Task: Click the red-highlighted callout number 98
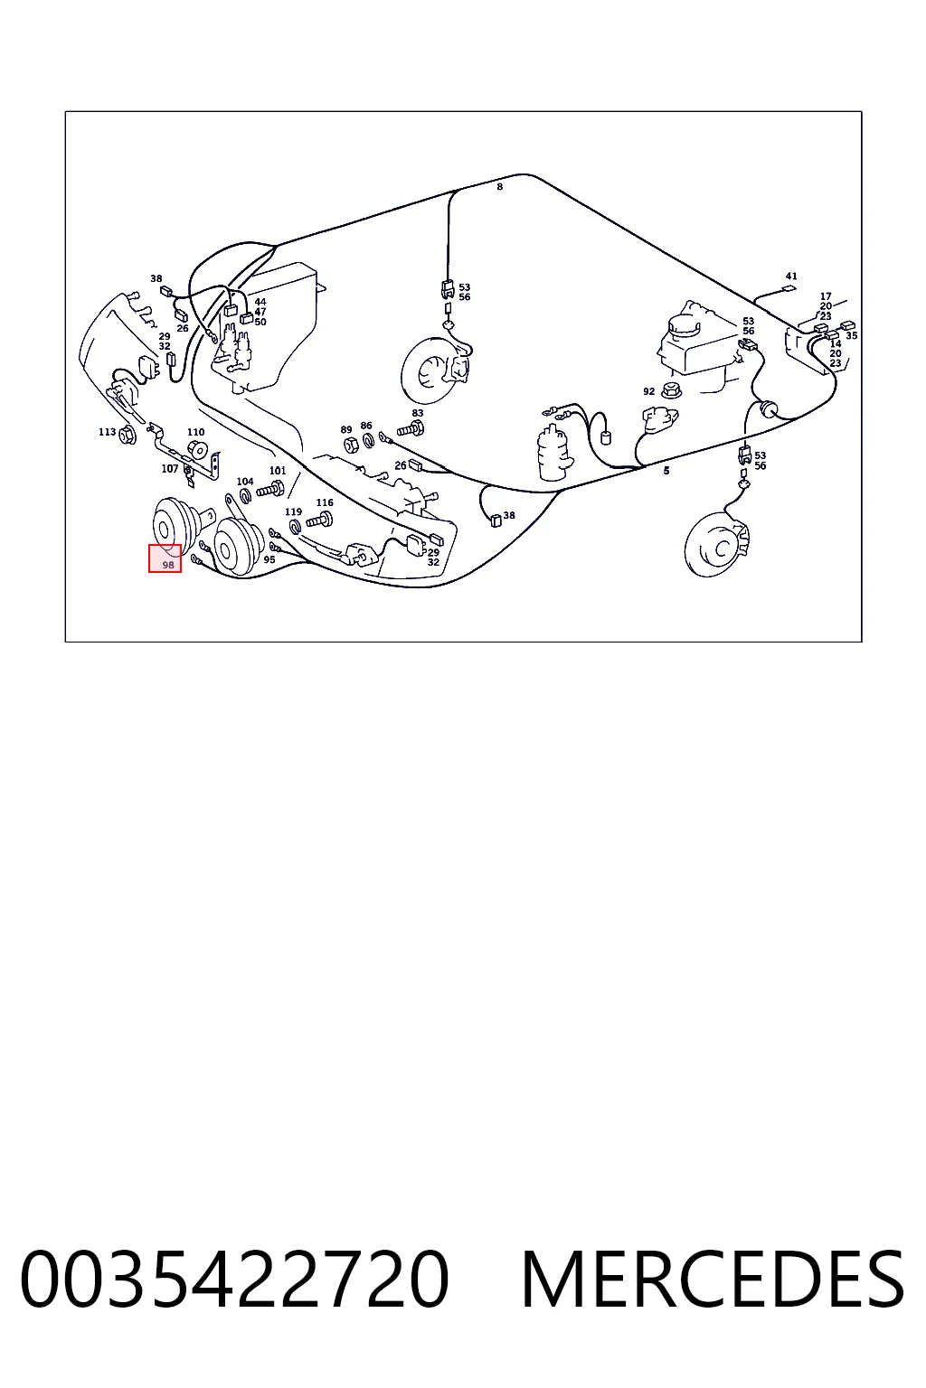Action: (x=167, y=565)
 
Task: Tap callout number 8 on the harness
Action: (x=500, y=186)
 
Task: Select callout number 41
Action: (x=790, y=276)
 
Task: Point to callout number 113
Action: (x=107, y=431)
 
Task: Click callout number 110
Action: (x=195, y=432)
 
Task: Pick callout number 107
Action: (x=169, y=468)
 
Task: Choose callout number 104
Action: (x=245, y=481)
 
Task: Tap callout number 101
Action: (x=278, y=470)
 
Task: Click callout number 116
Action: (x=325, y=502)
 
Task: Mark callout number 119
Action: (x=293, y=511)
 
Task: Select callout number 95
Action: (x=269, y=559)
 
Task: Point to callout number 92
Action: (x=648, y=391)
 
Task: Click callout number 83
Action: (x=418, y=413)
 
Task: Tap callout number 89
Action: (x=346, y=429)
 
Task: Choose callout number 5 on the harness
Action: (x=666, y=470)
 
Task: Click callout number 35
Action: (x=852, y=335)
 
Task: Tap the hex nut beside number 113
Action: (x=128, y=435)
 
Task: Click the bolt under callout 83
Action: (x=411, y=427)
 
